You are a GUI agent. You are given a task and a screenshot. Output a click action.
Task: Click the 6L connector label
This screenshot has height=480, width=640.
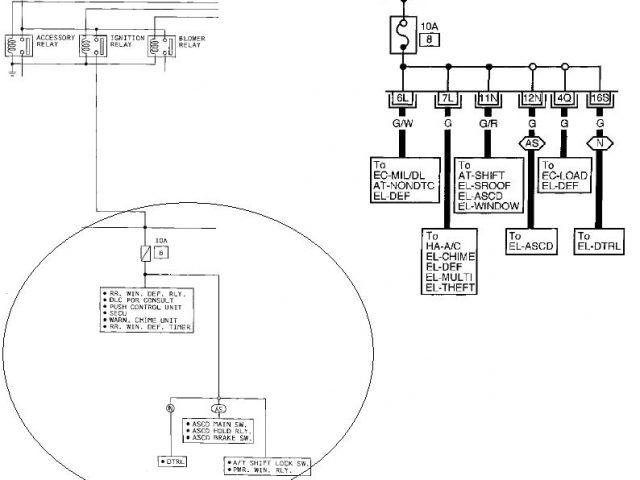coord(403,98)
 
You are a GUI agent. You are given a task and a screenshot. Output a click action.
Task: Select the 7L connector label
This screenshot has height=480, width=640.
coord(445,98)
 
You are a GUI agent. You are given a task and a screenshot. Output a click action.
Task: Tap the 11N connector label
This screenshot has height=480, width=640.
coord(487,98)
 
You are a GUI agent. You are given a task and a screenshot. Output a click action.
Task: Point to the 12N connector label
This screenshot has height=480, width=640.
coord(530,98)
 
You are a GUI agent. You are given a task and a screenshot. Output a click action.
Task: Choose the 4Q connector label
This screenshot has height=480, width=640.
coord(565,98)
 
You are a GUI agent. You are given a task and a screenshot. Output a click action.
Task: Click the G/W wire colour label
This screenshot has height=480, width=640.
coord(402,124)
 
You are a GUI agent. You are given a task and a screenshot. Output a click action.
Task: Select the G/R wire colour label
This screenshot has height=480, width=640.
coord(487,124)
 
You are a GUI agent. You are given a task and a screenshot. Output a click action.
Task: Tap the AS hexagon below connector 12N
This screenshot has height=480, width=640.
coord(530,143)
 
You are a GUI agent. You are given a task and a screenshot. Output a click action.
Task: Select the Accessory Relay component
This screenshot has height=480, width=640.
coord(34,44)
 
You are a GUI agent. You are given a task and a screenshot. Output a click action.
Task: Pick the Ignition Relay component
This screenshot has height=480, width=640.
coord(105,44)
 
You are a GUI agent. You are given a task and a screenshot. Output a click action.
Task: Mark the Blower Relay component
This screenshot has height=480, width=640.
coord(169,44)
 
